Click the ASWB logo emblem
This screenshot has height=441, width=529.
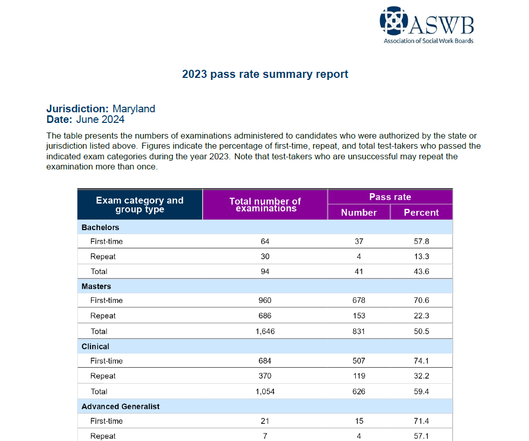(395, 21)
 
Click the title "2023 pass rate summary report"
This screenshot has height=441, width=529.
(265, 74)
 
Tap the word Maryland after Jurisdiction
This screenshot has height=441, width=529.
(133, 109)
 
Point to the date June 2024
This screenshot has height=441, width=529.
(100, 120)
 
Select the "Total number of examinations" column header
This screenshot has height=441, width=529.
(265, 205)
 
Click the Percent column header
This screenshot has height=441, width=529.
(421, 212)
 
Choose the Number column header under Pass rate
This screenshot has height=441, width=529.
(359, 212)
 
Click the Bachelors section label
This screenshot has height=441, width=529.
(101, 228)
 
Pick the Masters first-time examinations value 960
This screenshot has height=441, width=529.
(265, 300)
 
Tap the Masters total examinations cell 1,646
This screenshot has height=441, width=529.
(265, 331)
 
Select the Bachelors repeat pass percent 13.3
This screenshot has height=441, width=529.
(421, 256)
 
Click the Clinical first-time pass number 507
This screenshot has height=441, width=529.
(359, 361)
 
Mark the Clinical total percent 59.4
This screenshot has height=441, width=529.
(421, 391)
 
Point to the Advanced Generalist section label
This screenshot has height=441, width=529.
(121, 406)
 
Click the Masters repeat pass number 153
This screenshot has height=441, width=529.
(359, 316)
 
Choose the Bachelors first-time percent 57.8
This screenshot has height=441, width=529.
(421, 241)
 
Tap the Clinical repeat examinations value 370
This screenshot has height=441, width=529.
(265, 376)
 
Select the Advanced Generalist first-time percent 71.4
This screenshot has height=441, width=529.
(421, 421)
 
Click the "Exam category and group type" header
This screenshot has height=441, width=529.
(139, 205)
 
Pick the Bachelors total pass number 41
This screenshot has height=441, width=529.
(359, 272)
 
